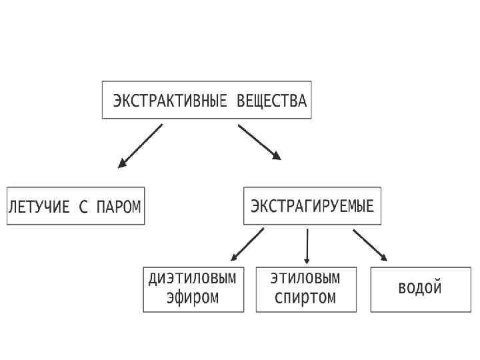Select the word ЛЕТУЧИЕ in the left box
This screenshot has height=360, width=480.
[x=38, y=206]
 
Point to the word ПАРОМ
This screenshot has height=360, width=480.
[x=119, y=206]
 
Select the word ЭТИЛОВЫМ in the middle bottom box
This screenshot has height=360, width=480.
[x=306, y=278]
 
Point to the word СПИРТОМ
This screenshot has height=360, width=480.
[x=306, y=297]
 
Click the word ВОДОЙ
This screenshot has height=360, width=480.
[x=420, y=288]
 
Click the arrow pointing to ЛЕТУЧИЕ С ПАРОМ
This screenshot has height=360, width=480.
[x=141, y=145]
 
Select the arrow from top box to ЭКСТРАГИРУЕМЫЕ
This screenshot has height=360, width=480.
[x=259, y=141]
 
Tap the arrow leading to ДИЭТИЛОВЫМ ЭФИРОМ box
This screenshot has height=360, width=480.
[x=247, y=244]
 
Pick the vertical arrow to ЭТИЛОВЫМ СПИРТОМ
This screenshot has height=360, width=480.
[x=307, y=245]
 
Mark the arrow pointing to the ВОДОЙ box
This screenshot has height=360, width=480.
[x=370, y=245]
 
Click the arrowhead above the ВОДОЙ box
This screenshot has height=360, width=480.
[x=383, y=257]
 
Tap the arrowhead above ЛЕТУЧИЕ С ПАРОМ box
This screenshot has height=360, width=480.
[x=122, y=163]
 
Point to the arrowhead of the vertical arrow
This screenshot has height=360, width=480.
[x=307, y=261]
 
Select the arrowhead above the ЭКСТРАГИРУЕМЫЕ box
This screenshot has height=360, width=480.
[x=277, y=156]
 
